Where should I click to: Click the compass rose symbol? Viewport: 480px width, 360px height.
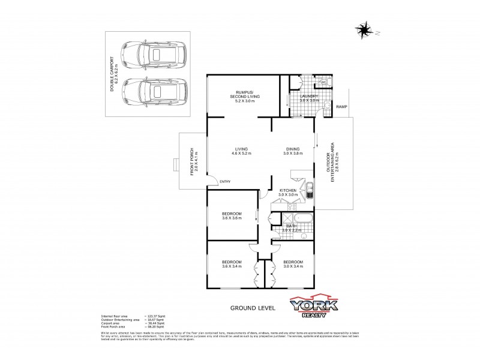tap(364, 28)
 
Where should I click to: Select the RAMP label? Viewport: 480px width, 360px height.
tap(341, 107)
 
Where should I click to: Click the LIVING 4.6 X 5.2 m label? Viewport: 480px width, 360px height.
tap(242, 152)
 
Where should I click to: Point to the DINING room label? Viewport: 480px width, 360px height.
tap(291, 152)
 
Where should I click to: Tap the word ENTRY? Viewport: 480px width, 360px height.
tap(225, 182)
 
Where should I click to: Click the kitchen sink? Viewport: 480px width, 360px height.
tap(308, 193)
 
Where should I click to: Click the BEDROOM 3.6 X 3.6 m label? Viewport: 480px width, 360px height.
tap(232, 216)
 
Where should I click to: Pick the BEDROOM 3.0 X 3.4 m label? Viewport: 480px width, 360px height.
tap(293, 264)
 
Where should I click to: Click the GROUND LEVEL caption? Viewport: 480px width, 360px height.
tap(253, 308)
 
